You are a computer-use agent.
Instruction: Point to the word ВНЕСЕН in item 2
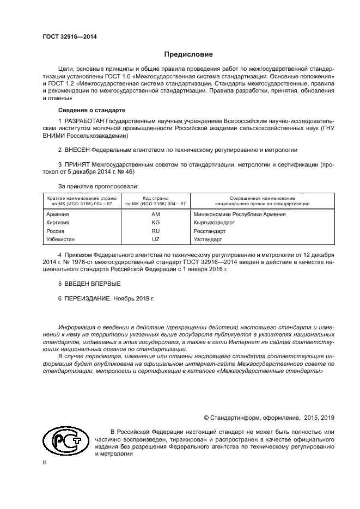pyautogui.click(x=77, y=149)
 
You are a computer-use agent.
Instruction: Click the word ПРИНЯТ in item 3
pyautogui.click(x=77, y=163)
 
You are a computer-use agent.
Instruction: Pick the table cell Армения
pyautogui.click(x=58, y=214)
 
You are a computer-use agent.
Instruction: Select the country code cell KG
pyautogui.click(x=155, y=222)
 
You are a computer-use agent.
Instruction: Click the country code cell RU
pyautogui.click(x=155, y=231)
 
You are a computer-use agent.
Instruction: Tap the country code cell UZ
pyautogui.click(x=155, y=239)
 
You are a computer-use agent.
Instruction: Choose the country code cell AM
pyautogui.click(x=155, y=214)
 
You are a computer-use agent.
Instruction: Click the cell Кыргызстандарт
pyautogui.click(x=214, y=222)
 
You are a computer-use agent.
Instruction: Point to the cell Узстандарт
pyautogui.click(x=208, y=239)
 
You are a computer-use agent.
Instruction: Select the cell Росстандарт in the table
pyautogui.click(x=210, y=231)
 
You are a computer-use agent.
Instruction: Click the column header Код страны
pyautogui.click(x=155, y=198)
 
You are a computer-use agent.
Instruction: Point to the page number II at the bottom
pyautogui.click(x=45, y=462)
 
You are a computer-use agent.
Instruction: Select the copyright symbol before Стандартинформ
pyautogui.click(x=207, y=418)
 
